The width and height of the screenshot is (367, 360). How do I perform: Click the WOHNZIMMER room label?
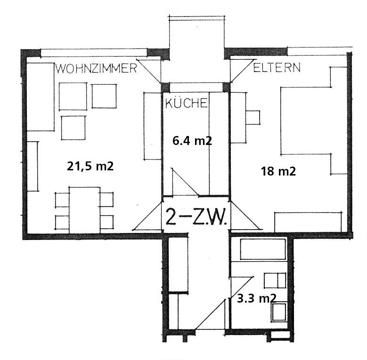pyautogui.click(x=96, y=68)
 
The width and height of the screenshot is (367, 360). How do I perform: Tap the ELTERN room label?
pyautogui.click(x=277, y=68)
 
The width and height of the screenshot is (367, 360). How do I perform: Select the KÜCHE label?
pyautogui.click(x=186, y=103)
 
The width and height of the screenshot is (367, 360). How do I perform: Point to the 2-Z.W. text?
pyautogui.click(x=196, y=217)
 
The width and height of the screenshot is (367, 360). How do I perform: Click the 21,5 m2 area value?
pyautogui.click(x=90, y=166)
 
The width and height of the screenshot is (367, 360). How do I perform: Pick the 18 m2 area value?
pyautogui.click(x=278, y=171)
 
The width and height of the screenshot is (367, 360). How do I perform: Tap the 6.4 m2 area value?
pyautogui.click(x=192, y=141)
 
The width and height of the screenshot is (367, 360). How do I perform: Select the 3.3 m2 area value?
pyautogui.click(x=257, y=298)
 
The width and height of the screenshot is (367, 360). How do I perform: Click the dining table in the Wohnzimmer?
pyautogui.click(x=84, y=210)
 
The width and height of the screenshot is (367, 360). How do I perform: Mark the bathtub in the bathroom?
pyautogui.click(x=263, y=249)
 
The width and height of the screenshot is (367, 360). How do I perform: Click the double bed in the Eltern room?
pyautogui.click(x=306, y=120)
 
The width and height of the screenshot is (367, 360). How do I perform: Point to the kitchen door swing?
pyautogui.click(x=185, y=182)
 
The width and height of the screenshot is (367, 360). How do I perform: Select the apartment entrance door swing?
pyautogui.click(x=211, y=314)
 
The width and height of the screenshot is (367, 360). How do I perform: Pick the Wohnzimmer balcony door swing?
pyautogui.click(x=149, y=71)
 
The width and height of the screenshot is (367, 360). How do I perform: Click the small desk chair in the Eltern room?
pyautogui.click(x=253, y=117)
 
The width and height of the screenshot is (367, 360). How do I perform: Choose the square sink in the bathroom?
pyautogui.click(x=279, y=312)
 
